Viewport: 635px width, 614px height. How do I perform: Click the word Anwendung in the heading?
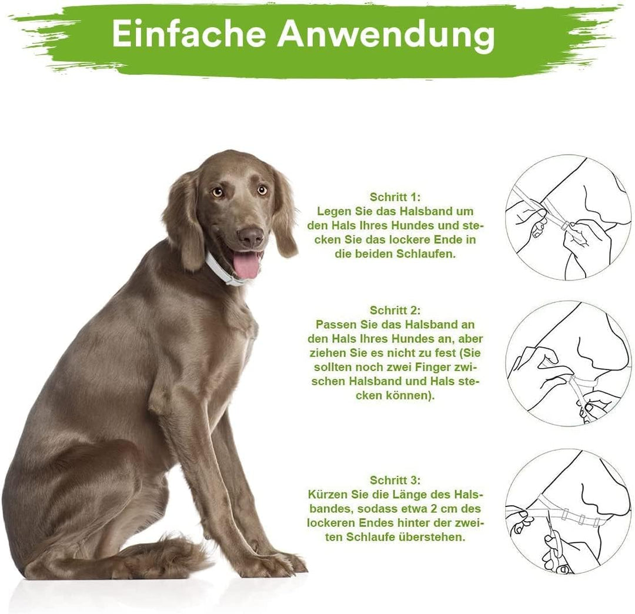tap(386, 35)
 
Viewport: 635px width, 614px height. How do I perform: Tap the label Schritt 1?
tap(395, 196)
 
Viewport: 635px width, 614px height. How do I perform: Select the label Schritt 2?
tap(395, 310)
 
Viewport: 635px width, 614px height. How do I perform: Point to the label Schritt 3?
tap(395, 480)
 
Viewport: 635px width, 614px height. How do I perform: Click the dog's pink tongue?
tap(246, 265)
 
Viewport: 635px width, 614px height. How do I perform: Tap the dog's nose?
tap(251, 236)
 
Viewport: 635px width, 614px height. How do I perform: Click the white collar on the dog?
tap(220, 271)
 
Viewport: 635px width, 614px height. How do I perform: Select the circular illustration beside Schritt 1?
tap(567, 218)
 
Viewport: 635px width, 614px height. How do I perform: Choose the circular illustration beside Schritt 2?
tap(567, 363)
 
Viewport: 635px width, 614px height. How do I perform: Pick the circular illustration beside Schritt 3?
tap(567, 510)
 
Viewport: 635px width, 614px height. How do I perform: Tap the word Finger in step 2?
tap(430, 367)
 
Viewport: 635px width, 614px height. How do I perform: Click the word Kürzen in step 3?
tap(326, 494)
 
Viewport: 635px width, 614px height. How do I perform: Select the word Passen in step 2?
tap(335, 324)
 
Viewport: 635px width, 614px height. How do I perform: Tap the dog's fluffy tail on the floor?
tap(171, 556)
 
